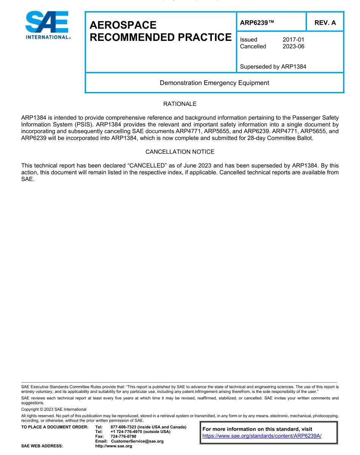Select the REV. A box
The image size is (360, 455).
tap(325, 23)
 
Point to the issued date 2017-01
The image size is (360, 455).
tap(293, 40)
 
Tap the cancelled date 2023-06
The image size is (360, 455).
tap(293, 47)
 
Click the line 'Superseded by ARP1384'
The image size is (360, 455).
tap(273, 67)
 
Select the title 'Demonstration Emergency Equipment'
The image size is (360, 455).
tap(214, 83)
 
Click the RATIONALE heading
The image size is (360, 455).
tap(180, 104)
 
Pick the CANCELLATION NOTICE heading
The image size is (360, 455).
tap(180, 152)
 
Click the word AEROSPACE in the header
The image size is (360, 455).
tap(123, 25)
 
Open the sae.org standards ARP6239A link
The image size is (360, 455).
tap(262, 436)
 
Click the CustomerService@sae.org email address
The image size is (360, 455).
tap(137, 441)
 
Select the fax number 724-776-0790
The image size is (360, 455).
tap(123, 436)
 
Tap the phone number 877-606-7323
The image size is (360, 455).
tap(123, 427)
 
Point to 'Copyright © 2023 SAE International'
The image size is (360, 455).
tap(54, 409)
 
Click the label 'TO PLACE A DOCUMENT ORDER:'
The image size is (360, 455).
tap(55, 427)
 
